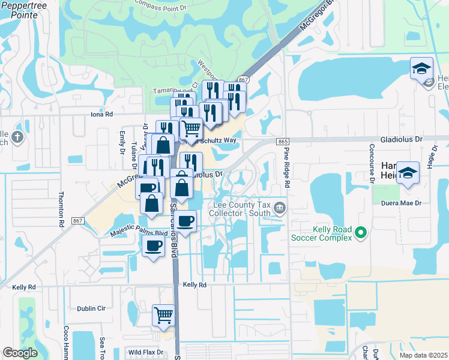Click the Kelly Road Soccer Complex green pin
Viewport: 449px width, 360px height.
pos(361,232)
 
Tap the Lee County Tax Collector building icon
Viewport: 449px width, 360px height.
pos(279,208)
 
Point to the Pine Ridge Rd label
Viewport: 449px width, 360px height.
pos(286,168)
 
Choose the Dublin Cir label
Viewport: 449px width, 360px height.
pos(91,308)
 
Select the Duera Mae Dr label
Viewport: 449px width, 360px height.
pos(411,203)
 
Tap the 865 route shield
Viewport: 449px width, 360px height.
pos(283,141)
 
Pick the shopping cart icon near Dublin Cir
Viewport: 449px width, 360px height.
pos(163,314)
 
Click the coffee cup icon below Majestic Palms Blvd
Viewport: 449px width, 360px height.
pos(153,245)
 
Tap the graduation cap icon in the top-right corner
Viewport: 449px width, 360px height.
pos(421,68)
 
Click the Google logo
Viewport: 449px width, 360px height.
pos(20,353)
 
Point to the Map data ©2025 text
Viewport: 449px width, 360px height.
pos(423,355)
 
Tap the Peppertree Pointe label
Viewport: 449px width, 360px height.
pos(20,10)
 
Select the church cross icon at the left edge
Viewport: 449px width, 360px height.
pos(18,137)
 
